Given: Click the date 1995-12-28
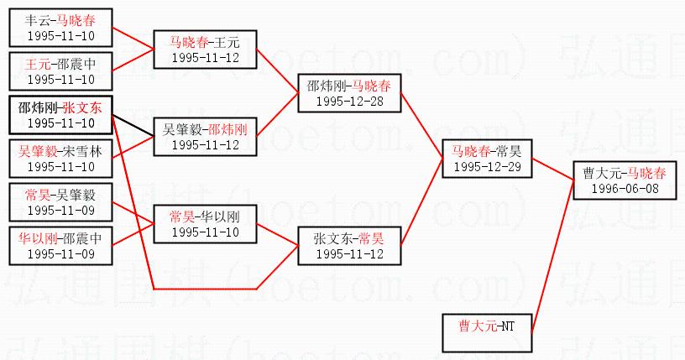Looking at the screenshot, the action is pos(348,101).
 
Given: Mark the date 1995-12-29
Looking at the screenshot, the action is pos(486,166).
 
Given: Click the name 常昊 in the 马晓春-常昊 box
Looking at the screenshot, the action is pos(509,152).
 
